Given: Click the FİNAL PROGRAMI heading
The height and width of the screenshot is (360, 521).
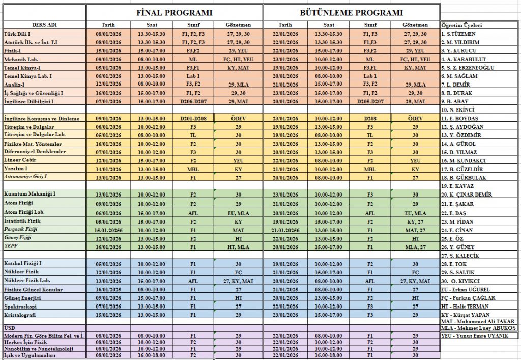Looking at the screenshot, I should click(175, 13).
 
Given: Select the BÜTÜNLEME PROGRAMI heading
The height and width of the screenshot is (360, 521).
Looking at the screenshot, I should click(352, 13).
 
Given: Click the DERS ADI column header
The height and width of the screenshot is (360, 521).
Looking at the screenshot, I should click(44, 24).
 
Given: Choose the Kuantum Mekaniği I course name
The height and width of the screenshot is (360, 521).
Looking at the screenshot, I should click(30, 195).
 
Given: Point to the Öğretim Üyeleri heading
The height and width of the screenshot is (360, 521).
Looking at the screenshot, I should click(462, 25).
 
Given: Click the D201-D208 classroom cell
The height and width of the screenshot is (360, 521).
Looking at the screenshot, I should click(193, 119).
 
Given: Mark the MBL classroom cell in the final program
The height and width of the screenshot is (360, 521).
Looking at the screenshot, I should click(193, 169).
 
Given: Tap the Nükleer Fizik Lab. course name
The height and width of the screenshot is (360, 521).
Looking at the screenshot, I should click(27, 281).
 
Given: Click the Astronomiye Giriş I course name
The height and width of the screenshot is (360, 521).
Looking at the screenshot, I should click(25, 177).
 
